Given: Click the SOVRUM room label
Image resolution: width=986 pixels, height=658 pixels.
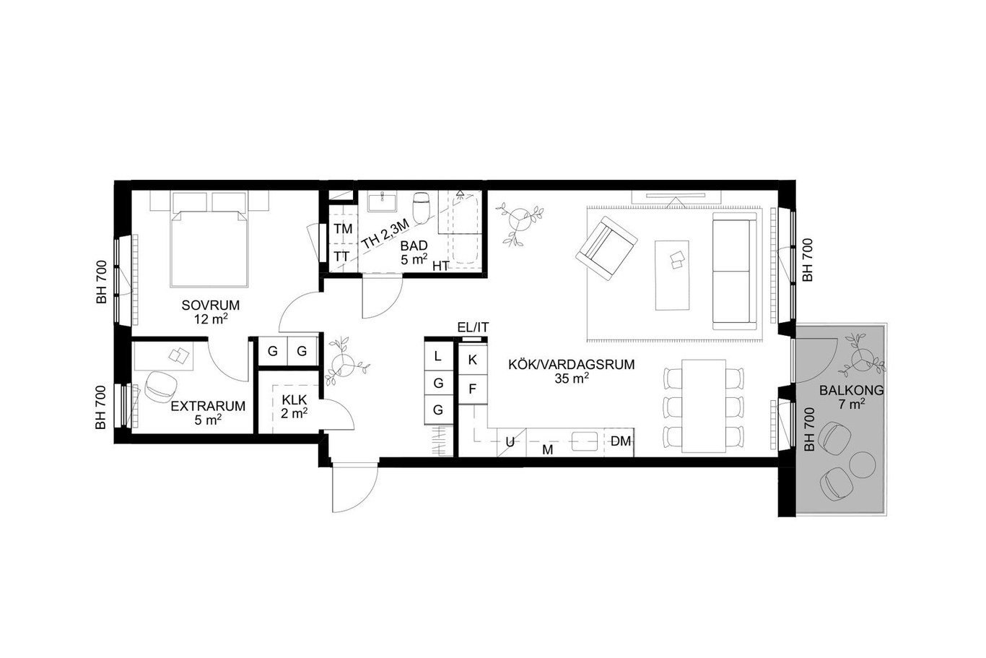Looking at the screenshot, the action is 210,305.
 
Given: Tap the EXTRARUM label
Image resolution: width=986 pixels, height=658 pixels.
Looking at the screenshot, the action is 208,406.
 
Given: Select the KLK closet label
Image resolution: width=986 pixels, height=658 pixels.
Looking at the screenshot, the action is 294,400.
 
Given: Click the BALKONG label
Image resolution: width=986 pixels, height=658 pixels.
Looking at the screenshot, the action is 851,390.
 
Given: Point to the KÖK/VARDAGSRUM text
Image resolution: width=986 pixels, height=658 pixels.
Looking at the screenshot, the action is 572,365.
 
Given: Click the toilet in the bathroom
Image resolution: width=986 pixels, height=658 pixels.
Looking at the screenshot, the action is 422,208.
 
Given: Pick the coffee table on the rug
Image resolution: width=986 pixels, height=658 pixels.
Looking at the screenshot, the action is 672,275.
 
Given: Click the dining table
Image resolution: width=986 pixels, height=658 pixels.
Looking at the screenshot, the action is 704,406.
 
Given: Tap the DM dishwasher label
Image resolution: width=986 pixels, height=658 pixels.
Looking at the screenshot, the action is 621,441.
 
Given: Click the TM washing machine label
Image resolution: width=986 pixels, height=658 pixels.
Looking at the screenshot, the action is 343,229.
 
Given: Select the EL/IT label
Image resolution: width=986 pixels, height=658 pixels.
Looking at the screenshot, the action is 474,327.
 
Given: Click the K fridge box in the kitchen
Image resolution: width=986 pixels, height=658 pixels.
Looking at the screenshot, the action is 473,359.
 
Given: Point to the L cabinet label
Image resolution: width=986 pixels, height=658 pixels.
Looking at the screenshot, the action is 437,356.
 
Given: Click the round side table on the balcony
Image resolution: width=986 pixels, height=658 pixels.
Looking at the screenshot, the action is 862,464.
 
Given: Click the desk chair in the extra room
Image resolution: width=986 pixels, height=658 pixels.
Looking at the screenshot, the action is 160,386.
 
